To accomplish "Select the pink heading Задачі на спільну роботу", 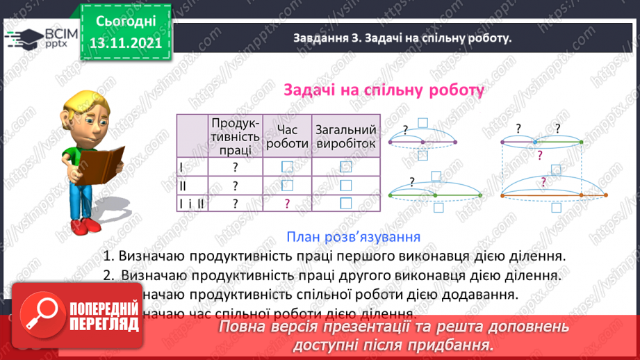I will tap(383, 90).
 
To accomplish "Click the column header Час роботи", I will tap(287, 136).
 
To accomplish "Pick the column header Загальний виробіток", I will tap(346, 136).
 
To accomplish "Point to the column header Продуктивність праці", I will tap(236, 136).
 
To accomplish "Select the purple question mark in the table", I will tap(287, 204).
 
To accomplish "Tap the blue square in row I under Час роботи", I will tap(287, 167).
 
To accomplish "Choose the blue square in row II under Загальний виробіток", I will tap(346, 186).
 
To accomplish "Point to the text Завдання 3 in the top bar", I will tap(322, 39).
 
